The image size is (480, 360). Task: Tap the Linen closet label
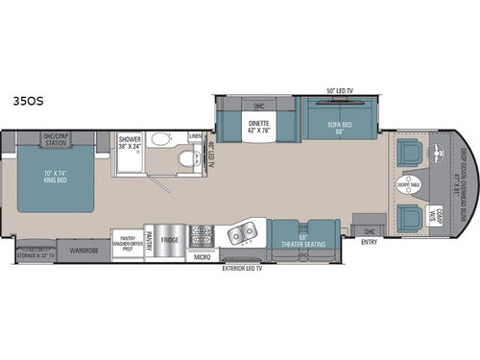pos(196,136)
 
